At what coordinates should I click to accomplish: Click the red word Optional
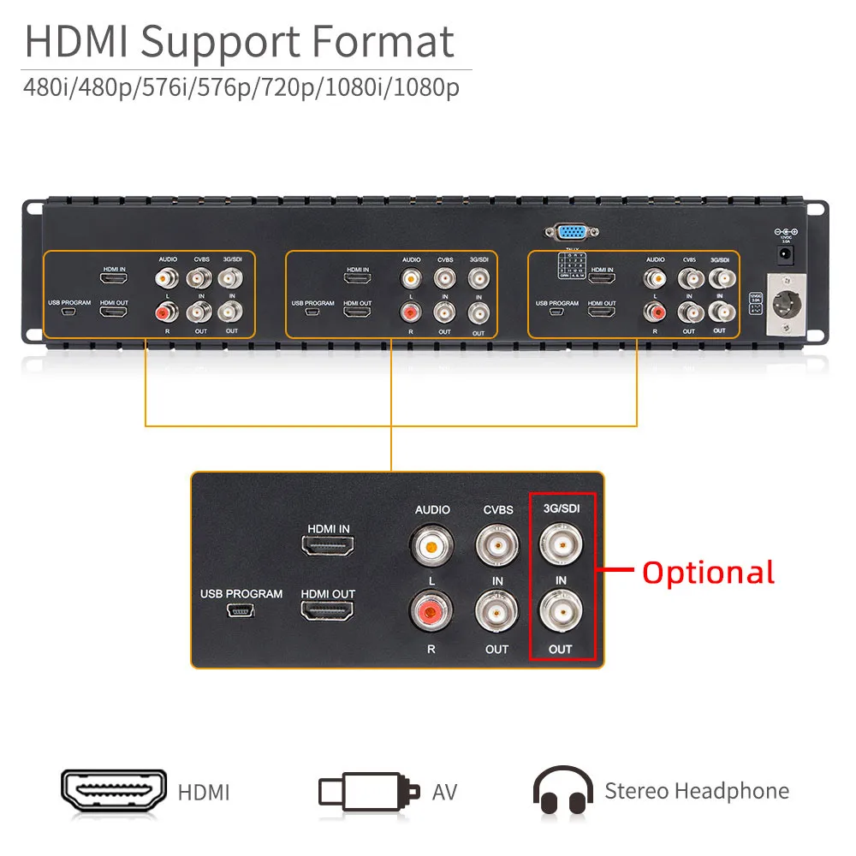click(708, 572)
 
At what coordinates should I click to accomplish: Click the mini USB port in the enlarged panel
click(241, 611)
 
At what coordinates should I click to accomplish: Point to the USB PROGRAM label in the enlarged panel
click(241, 594)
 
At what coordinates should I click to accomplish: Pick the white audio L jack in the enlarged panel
click(432, 545)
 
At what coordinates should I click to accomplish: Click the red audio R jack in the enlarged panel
click(431, 611)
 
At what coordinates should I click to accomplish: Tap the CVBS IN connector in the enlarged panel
click(497, 545)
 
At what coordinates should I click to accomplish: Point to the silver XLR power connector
click(785, 303)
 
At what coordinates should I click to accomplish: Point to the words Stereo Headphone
click(697, 791)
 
